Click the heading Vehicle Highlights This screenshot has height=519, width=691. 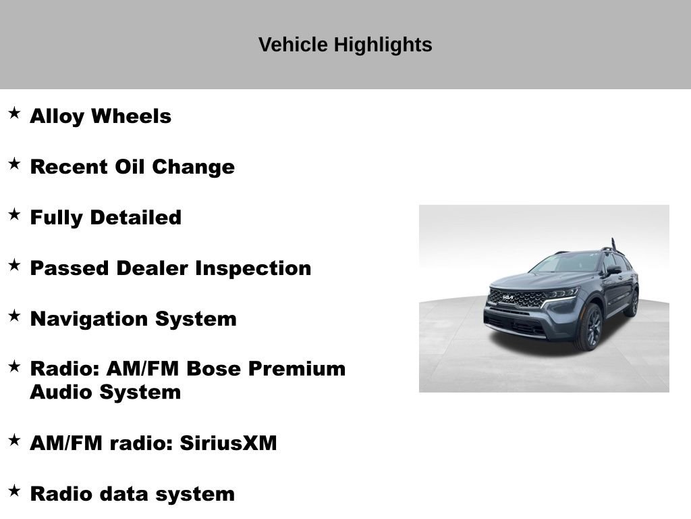click(x=345, y=45)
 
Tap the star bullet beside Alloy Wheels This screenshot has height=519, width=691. click(x=14, y=114)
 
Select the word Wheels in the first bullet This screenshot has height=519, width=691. click(x=131, y=116)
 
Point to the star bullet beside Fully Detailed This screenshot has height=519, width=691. click(x=14, y=215)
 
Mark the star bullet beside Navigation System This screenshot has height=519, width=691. click(x=14, y=316)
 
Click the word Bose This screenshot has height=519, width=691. click(x=214, y=369)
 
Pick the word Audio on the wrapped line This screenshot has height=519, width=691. click(x=61, y=392)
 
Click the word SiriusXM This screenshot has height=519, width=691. click(x=228, y=443)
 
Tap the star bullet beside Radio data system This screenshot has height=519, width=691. click(x=14, y=491)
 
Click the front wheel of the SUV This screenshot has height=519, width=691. click(x=588, y=326)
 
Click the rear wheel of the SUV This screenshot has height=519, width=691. click(x=632, y=302)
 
